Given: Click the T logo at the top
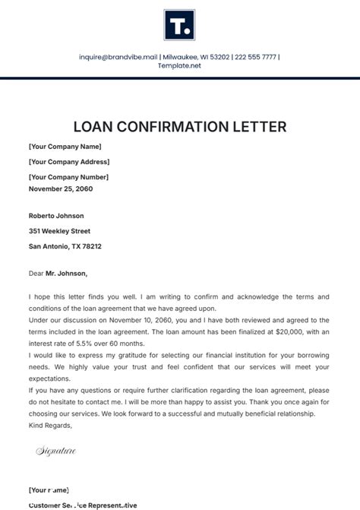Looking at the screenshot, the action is [x=179, y=25].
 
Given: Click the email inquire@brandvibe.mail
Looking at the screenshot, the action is [x=118, y=56].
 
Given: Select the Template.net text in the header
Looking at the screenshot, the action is [x=179, y=66].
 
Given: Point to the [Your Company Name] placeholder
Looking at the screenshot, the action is [x=65, y=147].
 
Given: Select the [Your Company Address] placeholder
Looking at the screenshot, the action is [x=69, y=162].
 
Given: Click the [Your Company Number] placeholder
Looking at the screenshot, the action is [x=68, y=177].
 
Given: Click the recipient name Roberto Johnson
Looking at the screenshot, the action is [x=56, y=216].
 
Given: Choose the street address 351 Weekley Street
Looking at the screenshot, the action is [x=59, y=231].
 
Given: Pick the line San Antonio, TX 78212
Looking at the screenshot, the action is [x=65, y=246].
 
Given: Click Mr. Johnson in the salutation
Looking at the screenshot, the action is [x=66, y=273].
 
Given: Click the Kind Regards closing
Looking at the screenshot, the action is [x=50, y=425].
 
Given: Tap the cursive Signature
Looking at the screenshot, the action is [x=55, y=451].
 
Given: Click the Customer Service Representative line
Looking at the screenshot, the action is [x=83, y=505].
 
